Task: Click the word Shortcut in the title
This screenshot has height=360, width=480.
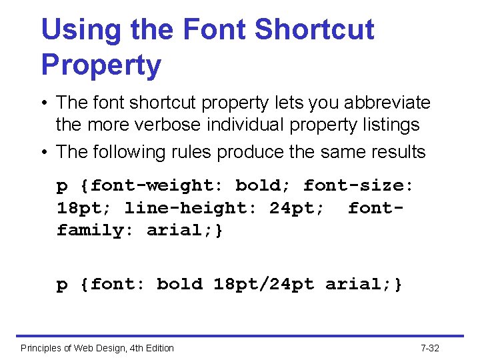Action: pos(314,29)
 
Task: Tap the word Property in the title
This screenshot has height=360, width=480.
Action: pos(101,65)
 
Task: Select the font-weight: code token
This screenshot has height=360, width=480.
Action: pos(159,185)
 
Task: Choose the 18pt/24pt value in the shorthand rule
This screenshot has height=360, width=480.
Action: pos(264,284)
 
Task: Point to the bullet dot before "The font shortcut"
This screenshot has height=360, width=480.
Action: pos(45,103)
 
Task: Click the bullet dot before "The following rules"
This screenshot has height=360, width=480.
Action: pos(45,153)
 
